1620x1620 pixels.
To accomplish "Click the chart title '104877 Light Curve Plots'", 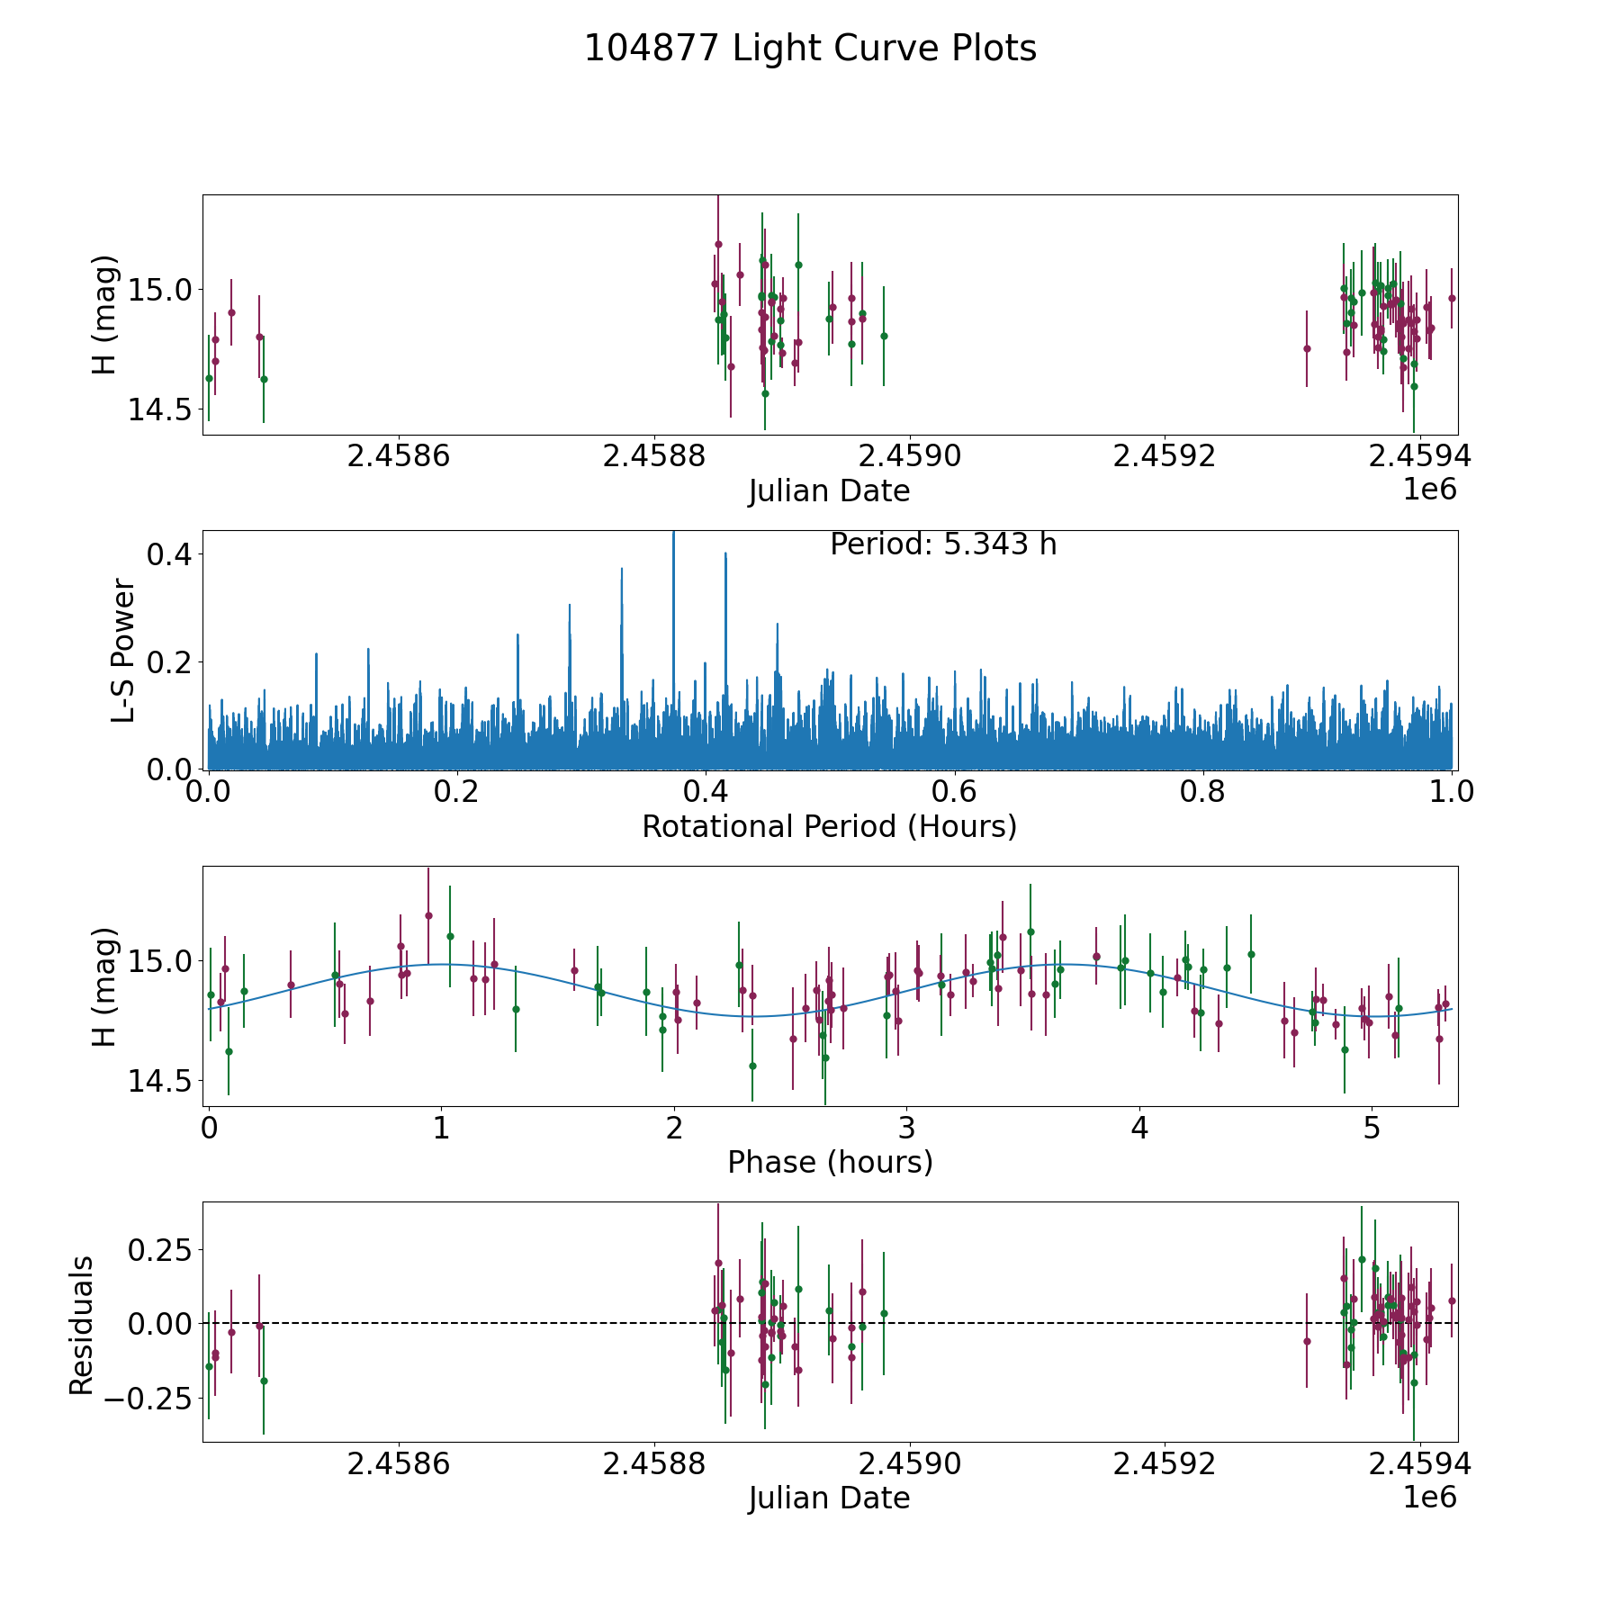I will click(810, 49).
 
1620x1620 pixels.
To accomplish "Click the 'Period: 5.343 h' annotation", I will click(942, 544).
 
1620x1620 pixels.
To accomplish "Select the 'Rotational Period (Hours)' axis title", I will click(829, 826).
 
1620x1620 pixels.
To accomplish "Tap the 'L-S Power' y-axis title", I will click(123, 651).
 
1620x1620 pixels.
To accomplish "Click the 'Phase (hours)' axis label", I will click(830, 1162).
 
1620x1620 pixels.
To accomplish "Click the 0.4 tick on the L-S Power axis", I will click(169, 554).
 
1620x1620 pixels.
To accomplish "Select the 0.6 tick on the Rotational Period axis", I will click(954, 792).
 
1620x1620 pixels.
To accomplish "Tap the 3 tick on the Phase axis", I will click(906, 1128).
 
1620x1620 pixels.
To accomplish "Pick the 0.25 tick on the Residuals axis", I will click(158, 1250).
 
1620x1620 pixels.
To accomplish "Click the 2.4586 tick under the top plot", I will click(398, 456).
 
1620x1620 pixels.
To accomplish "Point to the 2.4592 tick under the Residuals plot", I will click(1165, 1464).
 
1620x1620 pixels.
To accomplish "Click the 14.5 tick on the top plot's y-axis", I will click(158, 409).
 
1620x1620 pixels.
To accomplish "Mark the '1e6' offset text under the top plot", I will click(1429, 490).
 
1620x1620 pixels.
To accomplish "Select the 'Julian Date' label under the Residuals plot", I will click(829, 1498).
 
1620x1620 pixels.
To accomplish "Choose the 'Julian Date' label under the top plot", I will click(829, 491).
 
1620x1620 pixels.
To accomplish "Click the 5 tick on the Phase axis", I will click(1372, 1128).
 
